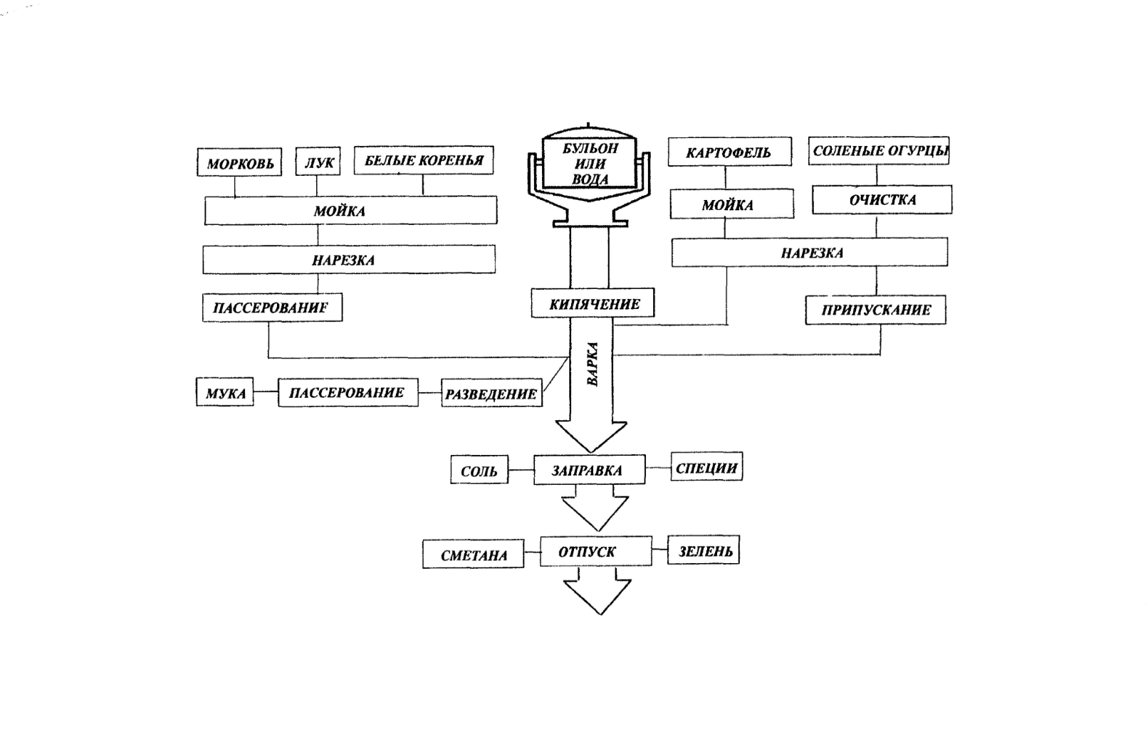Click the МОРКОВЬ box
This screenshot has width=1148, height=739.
tap(239, 162)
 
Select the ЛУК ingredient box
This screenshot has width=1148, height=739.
tap(318, 162)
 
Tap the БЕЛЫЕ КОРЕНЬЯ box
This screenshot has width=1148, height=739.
tap(424, 160)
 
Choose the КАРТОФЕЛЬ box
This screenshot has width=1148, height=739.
tap(729, 152)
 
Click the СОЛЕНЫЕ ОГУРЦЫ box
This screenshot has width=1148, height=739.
tap(878, 151)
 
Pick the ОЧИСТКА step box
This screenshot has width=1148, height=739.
tap(882, 199)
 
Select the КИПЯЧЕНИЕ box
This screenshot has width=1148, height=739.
tap(593, 304)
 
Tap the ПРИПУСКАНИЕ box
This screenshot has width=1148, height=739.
tap(875, 310)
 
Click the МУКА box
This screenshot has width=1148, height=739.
tap(225, 392)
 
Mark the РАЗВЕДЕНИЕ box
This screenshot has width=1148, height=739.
tap(491, 393)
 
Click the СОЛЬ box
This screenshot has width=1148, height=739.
tap(479, 471)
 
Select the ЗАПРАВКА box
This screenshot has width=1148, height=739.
tap(589, 470)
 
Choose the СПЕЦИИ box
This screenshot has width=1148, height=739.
tap(706, 468)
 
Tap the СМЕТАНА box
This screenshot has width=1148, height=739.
tap(473, 555)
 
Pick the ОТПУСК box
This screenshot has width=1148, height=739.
tap(595, 551)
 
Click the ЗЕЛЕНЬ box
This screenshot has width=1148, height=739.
tap(704, 550)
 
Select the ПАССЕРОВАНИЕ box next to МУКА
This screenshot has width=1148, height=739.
tap(348, 392)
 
